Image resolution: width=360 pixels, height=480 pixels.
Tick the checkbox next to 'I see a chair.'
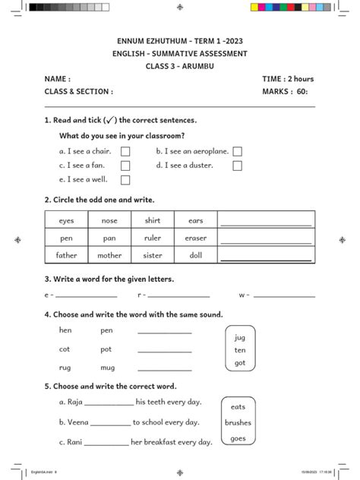pos(125,152)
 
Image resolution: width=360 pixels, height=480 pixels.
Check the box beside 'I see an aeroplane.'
pos(238,152)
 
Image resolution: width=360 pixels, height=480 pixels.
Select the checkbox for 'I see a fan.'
pos(125,166)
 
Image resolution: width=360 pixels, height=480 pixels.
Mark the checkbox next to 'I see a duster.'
pos(238,166)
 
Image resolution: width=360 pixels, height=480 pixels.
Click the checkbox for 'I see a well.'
pos(125,180)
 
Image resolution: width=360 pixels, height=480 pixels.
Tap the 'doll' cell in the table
pos(196,255)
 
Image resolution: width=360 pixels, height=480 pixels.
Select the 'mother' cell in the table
pos(109,255)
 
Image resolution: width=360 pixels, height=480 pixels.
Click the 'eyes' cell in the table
pos(66,220)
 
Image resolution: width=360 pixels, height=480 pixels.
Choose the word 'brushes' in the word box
pos(238,423)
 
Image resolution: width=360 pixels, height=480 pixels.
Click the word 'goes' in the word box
pos(238,438)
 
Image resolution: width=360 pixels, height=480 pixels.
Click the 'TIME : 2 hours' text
pos(288,79)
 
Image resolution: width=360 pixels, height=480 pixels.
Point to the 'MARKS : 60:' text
pos(285,92)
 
